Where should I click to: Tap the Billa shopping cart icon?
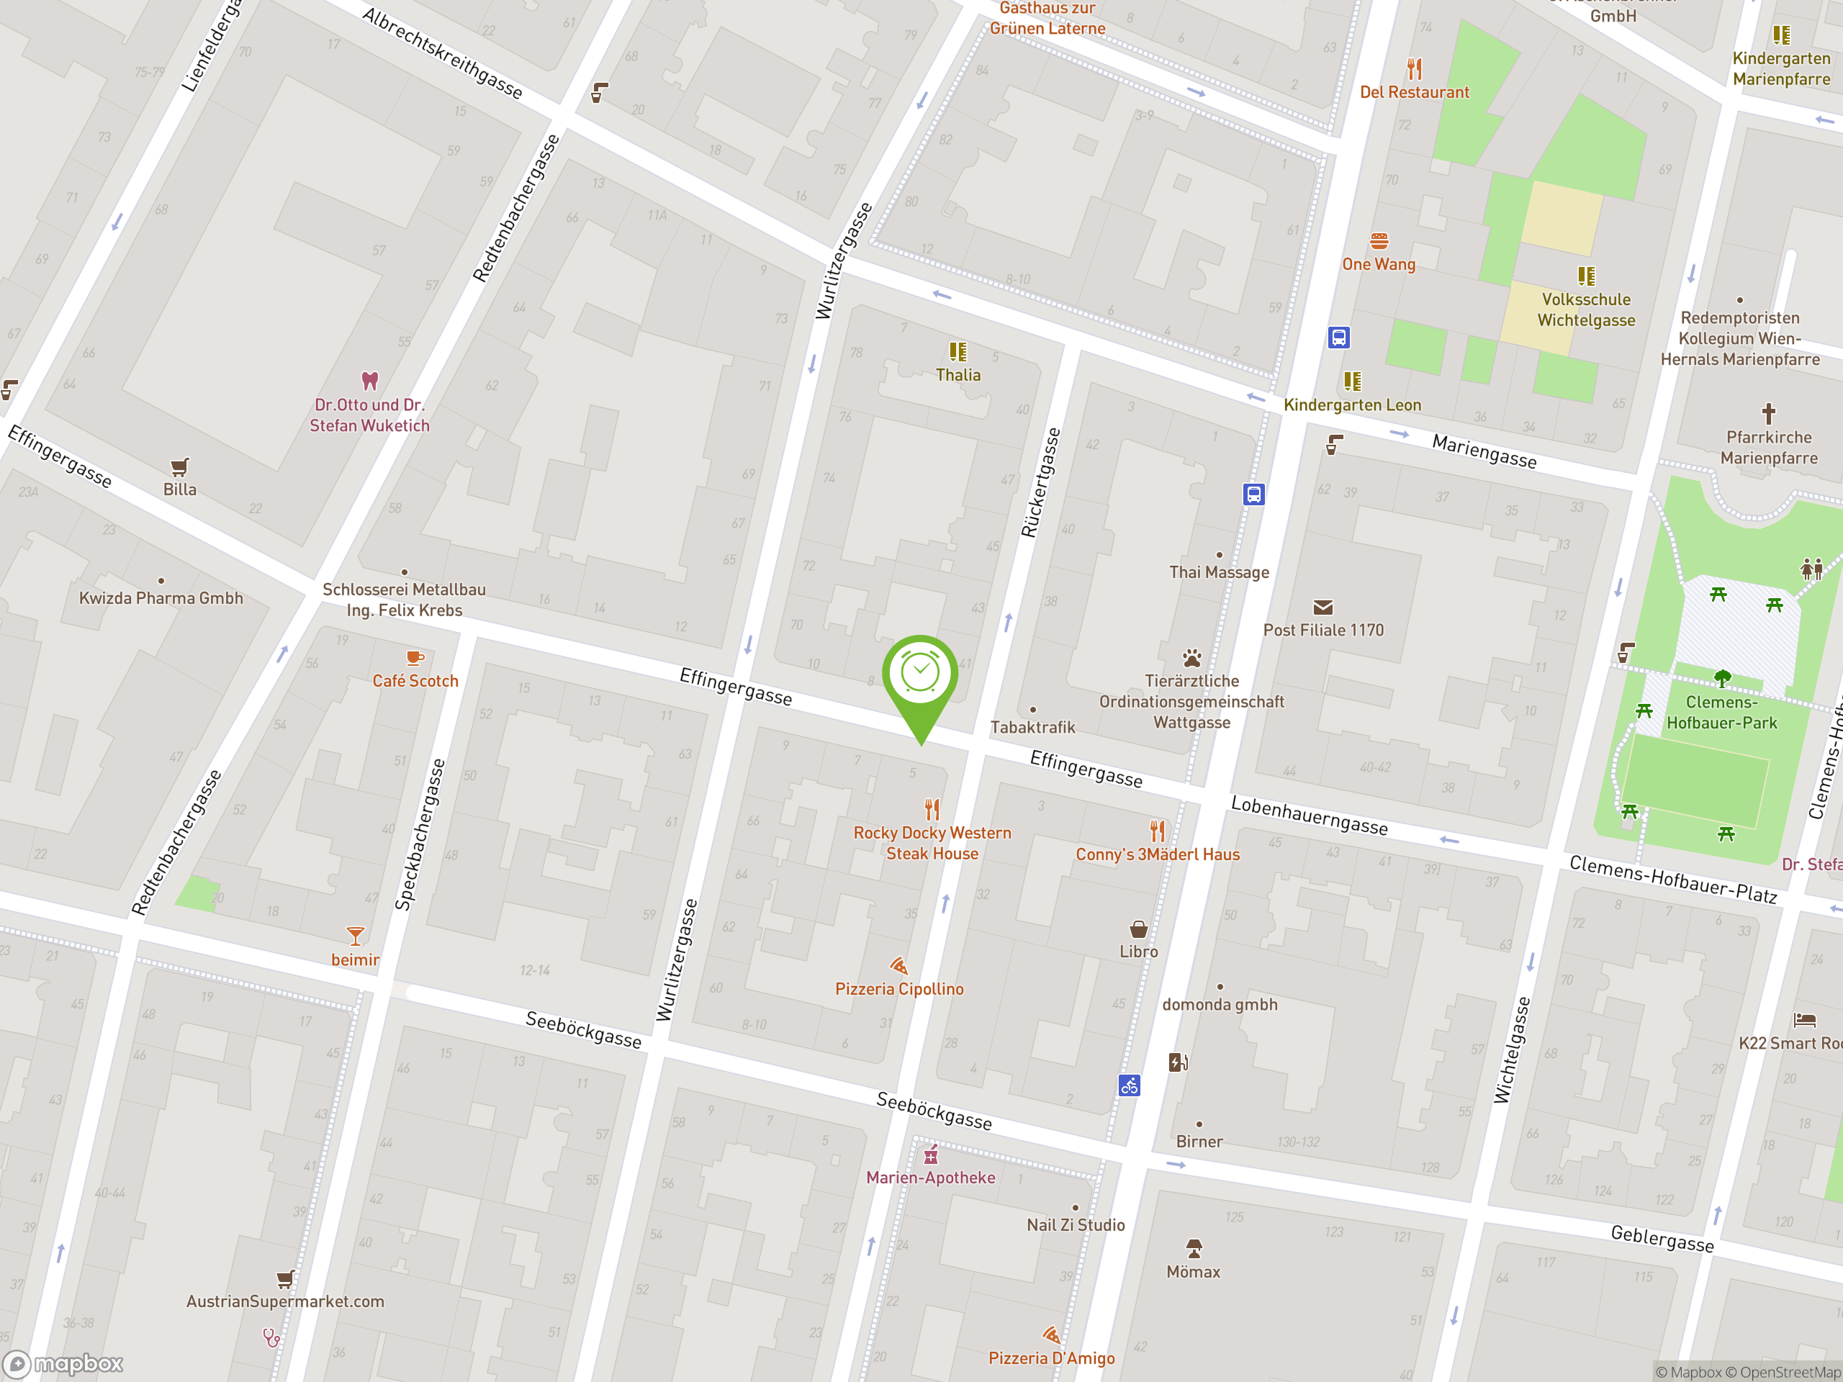179,466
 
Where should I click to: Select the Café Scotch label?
415,681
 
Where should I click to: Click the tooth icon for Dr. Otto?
370,381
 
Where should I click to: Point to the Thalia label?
957,375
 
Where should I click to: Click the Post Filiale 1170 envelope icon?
1322,608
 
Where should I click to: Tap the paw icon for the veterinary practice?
1191,658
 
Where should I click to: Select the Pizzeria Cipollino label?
899,989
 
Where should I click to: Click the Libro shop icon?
1138,929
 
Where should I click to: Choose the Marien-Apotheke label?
930,1177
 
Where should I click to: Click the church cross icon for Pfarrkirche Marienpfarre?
1768,413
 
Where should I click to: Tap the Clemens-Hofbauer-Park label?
1721,713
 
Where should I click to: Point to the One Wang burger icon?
1379,240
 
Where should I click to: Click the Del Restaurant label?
1414,92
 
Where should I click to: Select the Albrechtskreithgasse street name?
443,54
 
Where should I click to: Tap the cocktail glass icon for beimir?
355,936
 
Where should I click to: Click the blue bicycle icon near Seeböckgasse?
1128,1085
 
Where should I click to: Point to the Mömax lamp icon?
1193,1248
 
